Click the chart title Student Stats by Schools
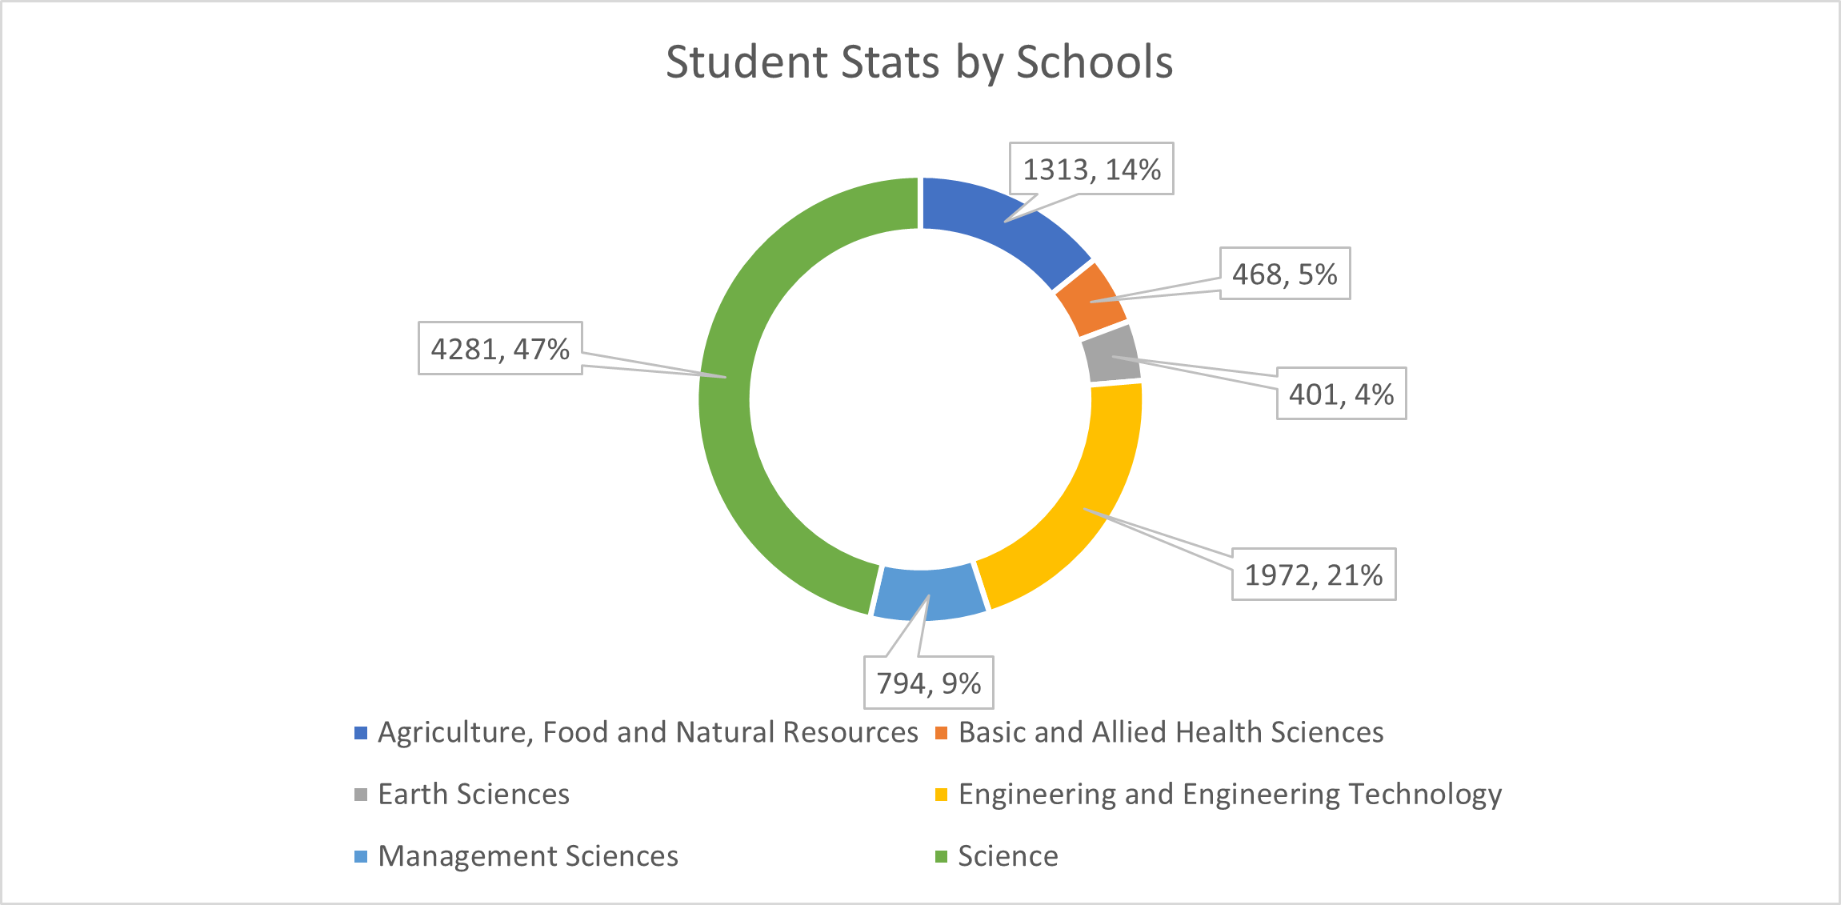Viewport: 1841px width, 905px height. [919, 62]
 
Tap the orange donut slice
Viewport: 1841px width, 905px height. [1090, 298]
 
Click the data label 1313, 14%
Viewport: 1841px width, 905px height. [1091, 169]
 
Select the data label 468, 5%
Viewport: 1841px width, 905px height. [1284, 274]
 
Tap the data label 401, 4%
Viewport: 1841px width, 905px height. [1341, 394]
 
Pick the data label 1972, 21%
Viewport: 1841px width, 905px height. [1313, 575]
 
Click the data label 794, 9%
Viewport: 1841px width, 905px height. [928, 683]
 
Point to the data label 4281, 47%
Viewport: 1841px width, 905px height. [500, 348]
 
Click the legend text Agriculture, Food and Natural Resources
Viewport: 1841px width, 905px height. [647, 732]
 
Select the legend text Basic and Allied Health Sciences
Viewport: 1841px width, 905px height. [1171, 732]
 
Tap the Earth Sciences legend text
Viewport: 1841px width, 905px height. [474, 794]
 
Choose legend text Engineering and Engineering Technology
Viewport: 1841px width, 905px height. [1230, 794]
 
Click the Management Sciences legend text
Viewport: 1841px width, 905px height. [528, 856]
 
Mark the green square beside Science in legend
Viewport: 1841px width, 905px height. [942, 857]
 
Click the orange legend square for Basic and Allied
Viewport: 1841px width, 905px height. [942, 733]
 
